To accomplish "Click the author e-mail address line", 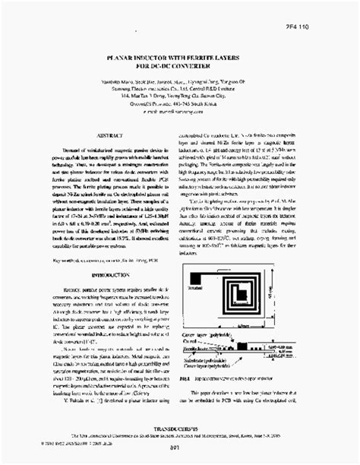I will tap(180, 112).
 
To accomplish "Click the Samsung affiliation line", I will tap(180, 90).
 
